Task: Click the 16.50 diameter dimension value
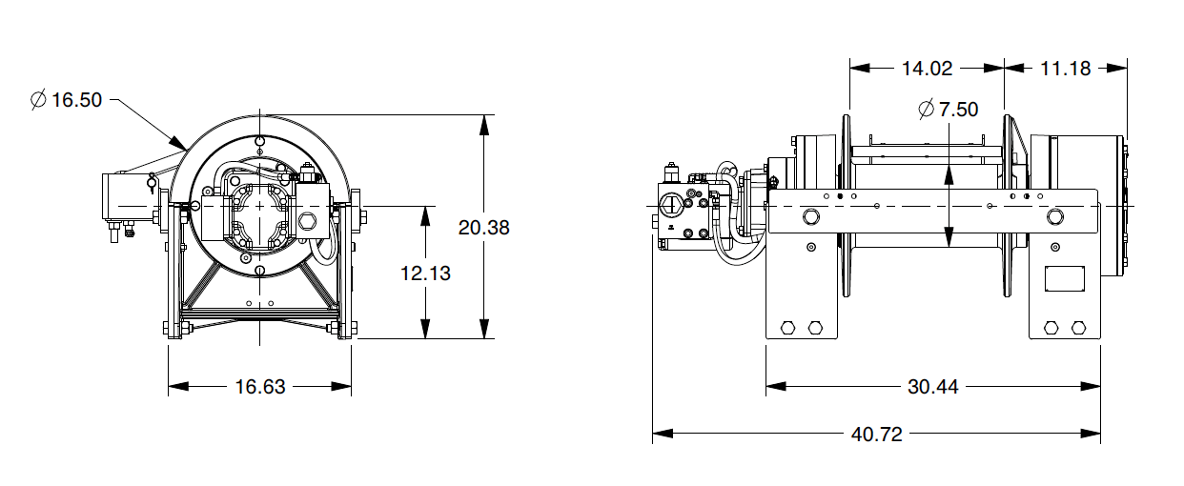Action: click(76, 100)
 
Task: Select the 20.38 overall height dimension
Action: click(484, 228)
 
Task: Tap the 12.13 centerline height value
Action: click(425, 273)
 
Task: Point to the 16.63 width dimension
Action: click(260, 387)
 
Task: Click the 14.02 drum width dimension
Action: click(927, 68)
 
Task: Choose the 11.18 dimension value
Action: click(1066, 68)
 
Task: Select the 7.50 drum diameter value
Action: click(958, 110)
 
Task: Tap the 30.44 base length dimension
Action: click(933, 387)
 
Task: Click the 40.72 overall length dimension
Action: click(876, 435)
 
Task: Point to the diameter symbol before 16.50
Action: click(38, 100)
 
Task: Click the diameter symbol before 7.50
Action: click(926, 110)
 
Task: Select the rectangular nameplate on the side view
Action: click(1065, 278)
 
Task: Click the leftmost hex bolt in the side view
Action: click(787, 328)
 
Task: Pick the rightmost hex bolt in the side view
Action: click(1079, 328)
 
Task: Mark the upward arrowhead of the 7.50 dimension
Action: click(949, 170)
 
